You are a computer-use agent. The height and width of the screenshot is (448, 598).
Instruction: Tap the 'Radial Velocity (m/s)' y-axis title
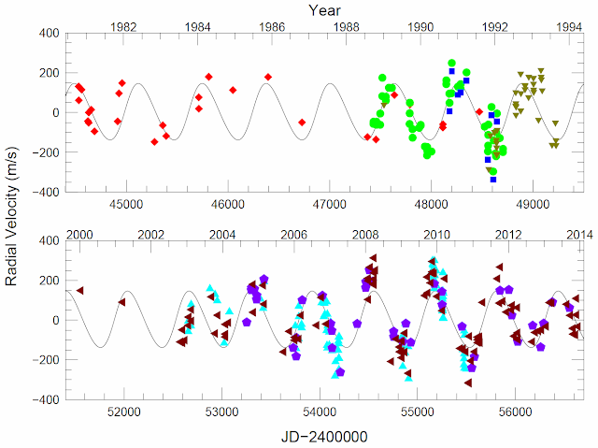click(x=12, y=216)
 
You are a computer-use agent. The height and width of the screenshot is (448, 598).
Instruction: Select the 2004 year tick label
click(x=222, y=234)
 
